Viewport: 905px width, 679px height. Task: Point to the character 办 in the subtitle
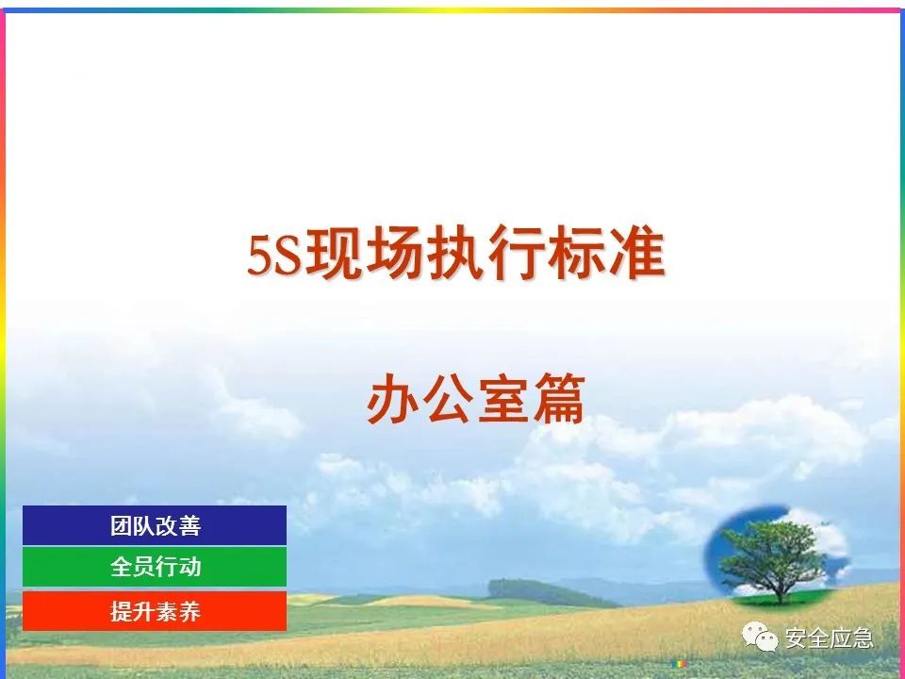pos(393,398)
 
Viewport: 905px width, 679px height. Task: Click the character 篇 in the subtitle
pos(559,398)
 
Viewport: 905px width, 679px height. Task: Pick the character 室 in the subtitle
pos(503,398)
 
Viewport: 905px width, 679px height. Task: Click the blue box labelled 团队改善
pos(155,525)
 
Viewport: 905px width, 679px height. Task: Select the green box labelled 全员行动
pos(155,567)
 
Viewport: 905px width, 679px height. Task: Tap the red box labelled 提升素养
pos(155,611)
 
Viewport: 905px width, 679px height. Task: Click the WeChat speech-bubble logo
pos(760,637)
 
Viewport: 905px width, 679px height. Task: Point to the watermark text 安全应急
pos(829,638)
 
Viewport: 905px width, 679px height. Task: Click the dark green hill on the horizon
pos(549,592)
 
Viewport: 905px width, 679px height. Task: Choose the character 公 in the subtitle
pos(448,398)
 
